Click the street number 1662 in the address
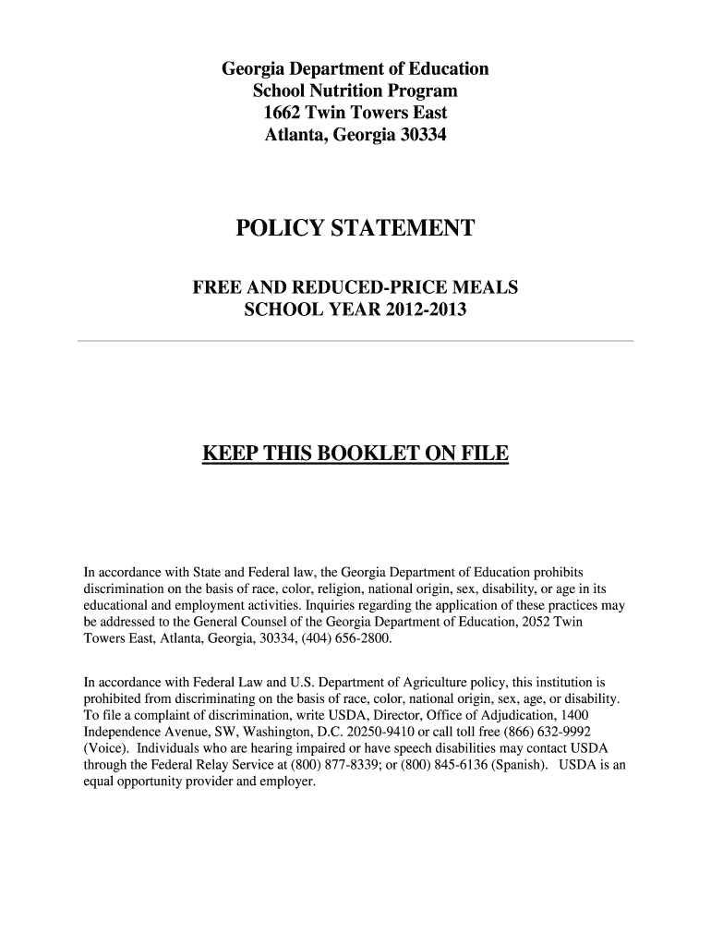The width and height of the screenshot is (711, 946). tap(283, 114)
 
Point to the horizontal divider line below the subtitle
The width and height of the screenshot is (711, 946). tap(355, 341)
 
